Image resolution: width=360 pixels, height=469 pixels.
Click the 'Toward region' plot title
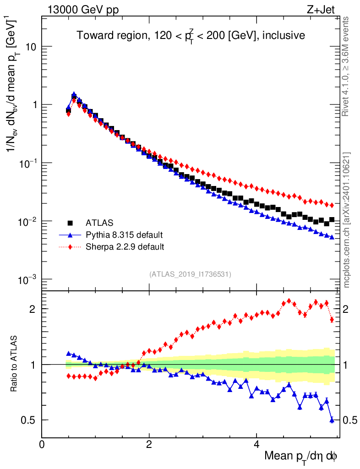pyautogui.click(x=191, y=35)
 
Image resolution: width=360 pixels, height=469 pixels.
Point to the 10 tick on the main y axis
pyautogui.click(x=31, y=47)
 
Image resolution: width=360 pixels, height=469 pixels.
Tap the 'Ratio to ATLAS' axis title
pyautogui.click(x=15, y=364)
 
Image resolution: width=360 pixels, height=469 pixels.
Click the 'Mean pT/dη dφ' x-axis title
pyautogui.click(x=301, y=457)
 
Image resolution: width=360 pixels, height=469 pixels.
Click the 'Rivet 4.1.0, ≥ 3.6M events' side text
pyautogui.click(x=347, y=66)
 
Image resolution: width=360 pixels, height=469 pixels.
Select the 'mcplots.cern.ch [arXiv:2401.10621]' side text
pyautogui.click(x=347, y=220)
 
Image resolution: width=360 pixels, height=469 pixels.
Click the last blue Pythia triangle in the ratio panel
pyautogui.click(x=332, y=420)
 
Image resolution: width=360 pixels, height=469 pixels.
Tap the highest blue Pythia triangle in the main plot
pyautogui.click(x=74, y=94)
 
